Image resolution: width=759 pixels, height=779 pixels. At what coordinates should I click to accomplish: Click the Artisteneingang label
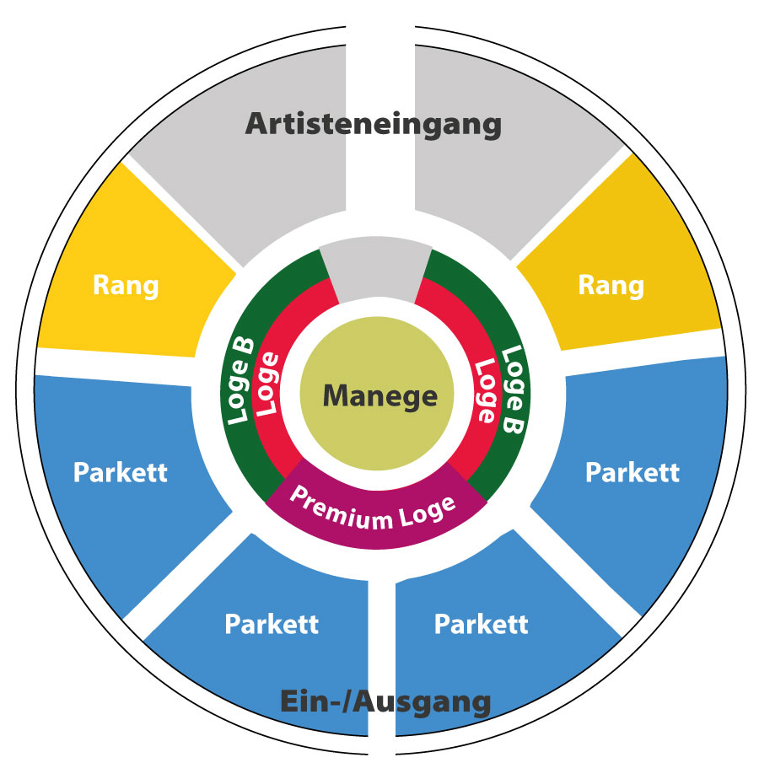(374, 125)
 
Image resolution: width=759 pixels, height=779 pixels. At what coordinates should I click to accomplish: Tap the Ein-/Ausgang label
(385, 701)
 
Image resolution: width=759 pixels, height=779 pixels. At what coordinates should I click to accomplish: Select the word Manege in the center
(380, 395)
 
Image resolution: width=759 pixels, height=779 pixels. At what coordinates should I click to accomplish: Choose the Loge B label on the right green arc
(514, 390)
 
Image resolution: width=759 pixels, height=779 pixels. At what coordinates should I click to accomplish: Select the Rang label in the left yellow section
(126, 285)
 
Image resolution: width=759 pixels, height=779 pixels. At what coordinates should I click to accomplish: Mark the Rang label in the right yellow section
(611, 285)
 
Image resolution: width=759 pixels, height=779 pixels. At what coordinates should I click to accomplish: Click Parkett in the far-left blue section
(121, 472)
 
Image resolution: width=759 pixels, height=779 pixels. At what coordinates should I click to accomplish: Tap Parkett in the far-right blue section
(632, 471)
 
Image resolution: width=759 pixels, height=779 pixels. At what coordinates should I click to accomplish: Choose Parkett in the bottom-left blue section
(272, 625)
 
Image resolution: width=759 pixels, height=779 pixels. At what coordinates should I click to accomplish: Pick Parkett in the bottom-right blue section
(481, 625)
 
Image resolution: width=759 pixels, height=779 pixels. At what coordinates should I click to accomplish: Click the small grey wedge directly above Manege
(376, 269)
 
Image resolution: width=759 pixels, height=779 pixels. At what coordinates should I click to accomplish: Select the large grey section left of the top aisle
(253, 185)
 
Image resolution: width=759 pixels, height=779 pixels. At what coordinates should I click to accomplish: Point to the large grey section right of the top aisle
(506, 185)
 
